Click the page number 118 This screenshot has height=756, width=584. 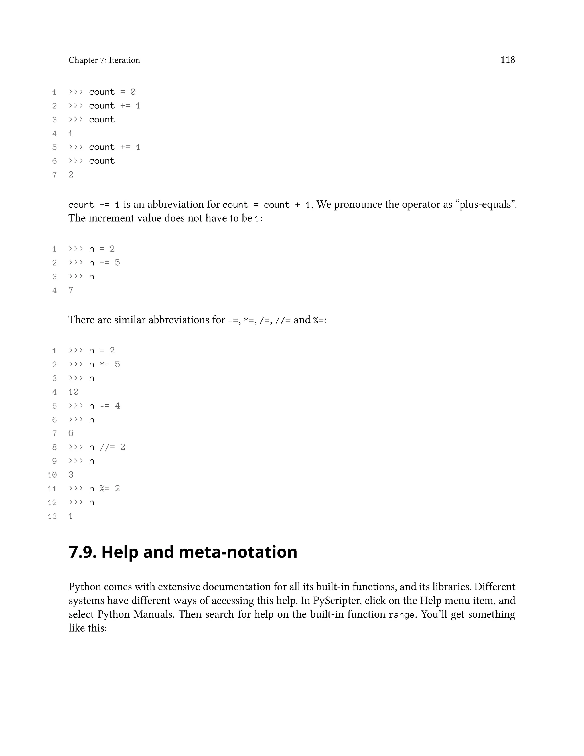(507, 60)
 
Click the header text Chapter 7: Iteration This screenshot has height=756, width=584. (104, 60)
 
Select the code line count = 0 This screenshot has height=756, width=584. (112, 92)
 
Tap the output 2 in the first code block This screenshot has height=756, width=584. (71, 175)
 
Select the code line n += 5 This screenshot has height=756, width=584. (104, 263)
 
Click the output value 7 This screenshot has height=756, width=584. (71, 290)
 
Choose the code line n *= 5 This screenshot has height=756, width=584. (104, 365)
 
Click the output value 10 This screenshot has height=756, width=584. (73, 392)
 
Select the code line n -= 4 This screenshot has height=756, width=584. (104, 406)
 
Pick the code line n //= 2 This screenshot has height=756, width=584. (107, 447)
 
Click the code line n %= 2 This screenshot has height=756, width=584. (104, 488)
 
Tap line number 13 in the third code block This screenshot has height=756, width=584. (52, 516)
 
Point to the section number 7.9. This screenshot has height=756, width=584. (82, 552)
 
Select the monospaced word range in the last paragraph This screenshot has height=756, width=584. (401, 615)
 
